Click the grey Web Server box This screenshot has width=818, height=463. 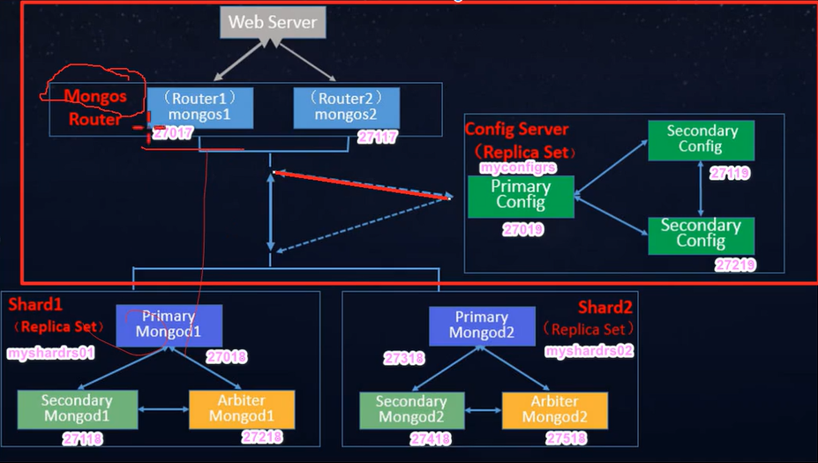click(273, 22)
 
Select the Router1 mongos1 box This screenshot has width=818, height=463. click(200, 106)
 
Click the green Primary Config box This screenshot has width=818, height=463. click(521, 195)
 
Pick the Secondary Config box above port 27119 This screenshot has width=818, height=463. click(701, 139)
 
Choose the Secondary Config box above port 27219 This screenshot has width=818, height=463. click(701, 235)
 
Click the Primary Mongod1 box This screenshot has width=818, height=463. click(169, 325)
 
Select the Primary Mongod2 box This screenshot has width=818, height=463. click(482, 325)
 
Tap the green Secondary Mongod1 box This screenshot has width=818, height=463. click(78, 407)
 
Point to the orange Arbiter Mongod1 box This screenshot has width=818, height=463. click(242, 408)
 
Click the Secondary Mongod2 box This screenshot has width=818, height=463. click(411, 409)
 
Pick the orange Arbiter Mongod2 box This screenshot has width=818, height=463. click(555, 409)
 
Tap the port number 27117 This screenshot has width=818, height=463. click(378, 138)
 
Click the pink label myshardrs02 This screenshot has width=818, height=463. click(589, 351)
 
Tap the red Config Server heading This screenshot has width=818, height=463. click(517, 130)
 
